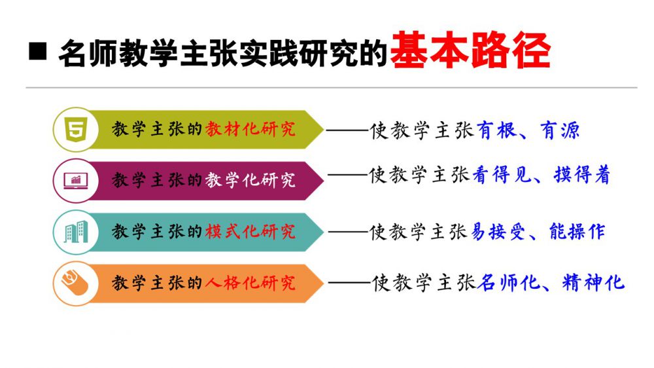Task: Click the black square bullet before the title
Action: [x=37, y=51]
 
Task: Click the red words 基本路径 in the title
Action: [x=470, y=51]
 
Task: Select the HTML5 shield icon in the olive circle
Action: [x=75, y=129]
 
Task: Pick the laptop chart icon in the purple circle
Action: [x=75, y=181]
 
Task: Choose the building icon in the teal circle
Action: [x=75, y=232]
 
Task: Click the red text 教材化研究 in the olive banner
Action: [x=250, y=129]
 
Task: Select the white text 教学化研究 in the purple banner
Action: [x=250, y=181]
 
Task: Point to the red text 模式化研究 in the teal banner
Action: [x=250, y=232]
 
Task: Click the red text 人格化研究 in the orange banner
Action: [x=250, y=284]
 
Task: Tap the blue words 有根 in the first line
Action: [x=496, y=130]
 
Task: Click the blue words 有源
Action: [x=560, y=130]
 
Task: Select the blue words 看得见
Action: [x=502, y=175]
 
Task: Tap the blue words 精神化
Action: [x=593, y=282]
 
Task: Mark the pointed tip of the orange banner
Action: [x=323, y=284]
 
